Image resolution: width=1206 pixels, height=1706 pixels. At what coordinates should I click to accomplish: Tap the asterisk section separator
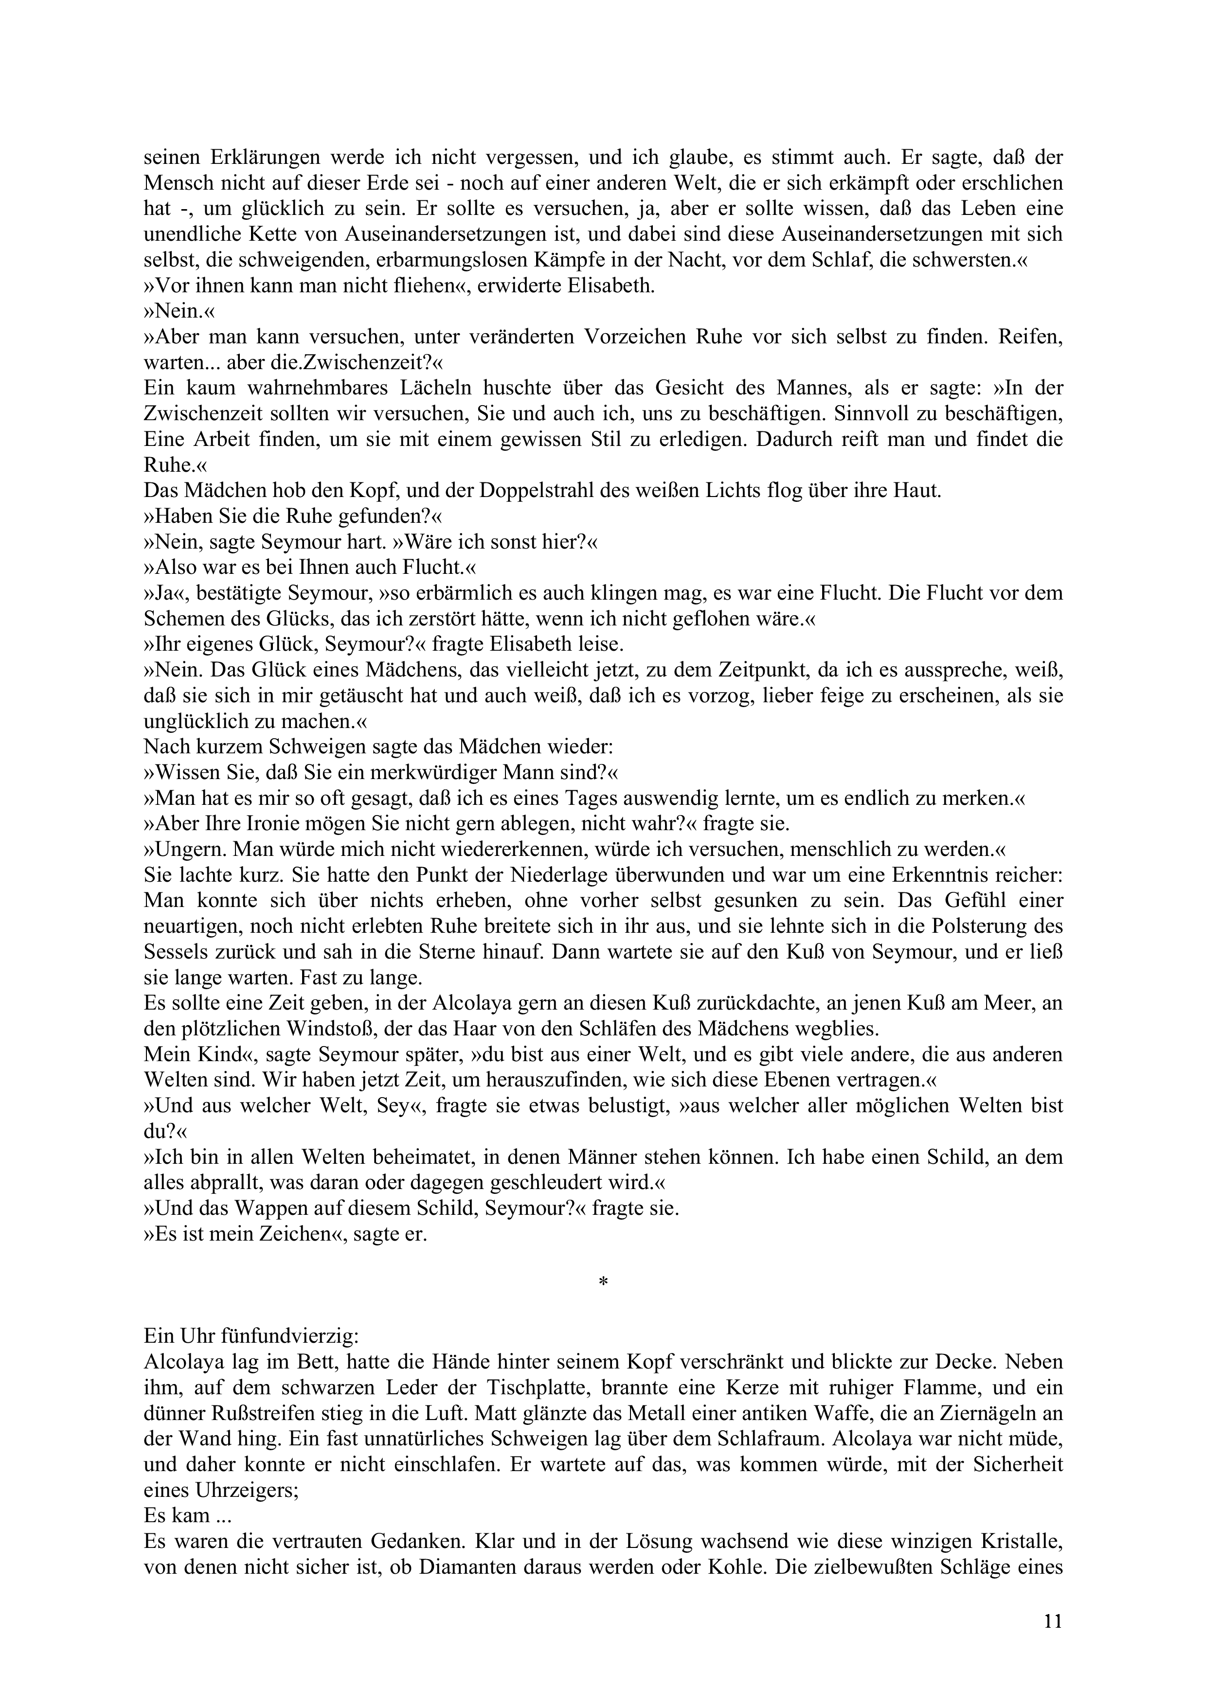point(603,1282)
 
